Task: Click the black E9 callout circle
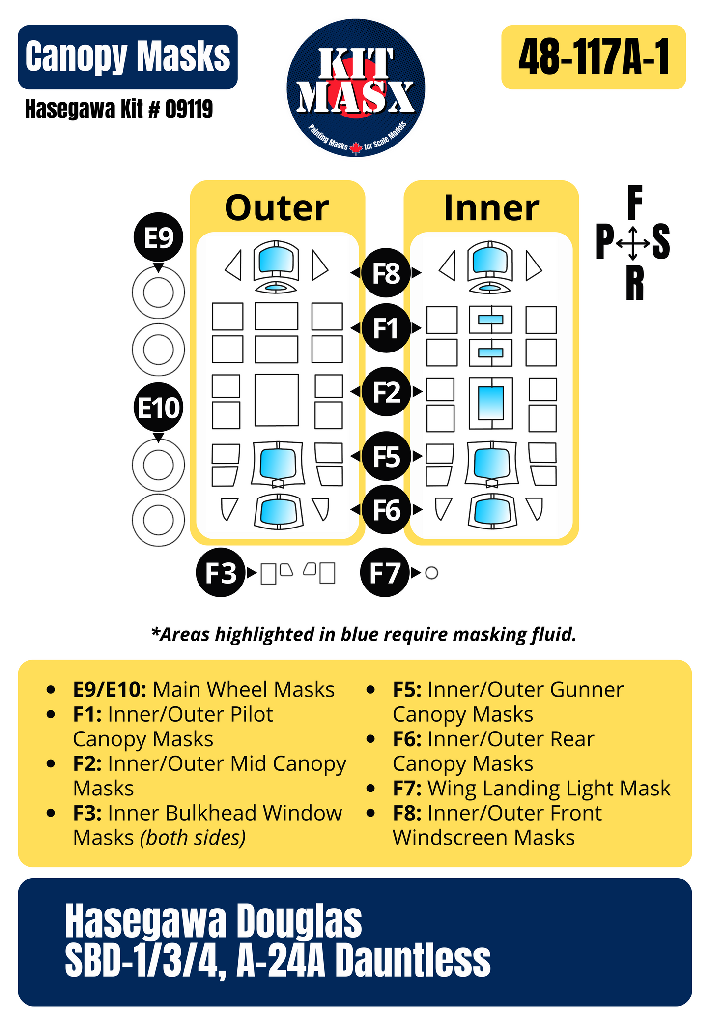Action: point(158,237)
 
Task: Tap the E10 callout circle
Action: point(158,408)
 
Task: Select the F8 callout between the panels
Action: point(386,273)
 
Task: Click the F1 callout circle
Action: point(386,328)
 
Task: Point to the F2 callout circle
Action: point(386,392)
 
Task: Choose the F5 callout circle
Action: point(386,457)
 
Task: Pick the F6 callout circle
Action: point(386,510)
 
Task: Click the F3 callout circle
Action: point(221,573)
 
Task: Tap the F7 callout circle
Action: point(385,573)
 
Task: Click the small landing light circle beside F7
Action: point(431,573)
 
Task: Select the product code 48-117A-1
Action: point(594,57)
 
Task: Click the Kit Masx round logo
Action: point(356,88)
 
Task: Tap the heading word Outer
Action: point(277,208)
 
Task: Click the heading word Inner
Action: point(491,208)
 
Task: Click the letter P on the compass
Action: point(605,241)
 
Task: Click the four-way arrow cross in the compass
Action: point(633,243)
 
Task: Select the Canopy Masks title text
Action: point(128,57)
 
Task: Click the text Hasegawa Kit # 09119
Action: point(119,109)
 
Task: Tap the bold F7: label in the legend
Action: point(407,789)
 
